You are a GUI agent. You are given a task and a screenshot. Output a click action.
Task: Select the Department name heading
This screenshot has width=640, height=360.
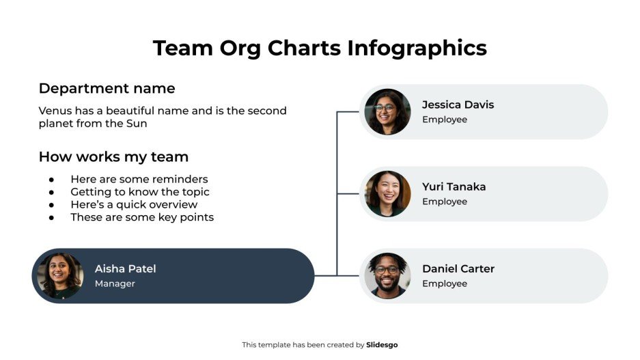[107, 89]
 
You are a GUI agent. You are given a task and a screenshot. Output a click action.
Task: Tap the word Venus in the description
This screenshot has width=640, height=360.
[54, 111]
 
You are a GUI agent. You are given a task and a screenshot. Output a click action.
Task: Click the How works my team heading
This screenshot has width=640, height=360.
[113, 157]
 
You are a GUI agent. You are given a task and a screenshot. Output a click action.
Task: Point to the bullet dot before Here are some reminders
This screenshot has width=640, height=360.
[51, 180]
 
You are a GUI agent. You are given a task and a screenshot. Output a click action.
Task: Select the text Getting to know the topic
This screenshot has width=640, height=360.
[139, 192]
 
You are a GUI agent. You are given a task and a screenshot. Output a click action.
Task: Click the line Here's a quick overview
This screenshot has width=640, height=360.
[134, 205]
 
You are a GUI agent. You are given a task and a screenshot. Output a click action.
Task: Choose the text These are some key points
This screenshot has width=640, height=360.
[142, 217]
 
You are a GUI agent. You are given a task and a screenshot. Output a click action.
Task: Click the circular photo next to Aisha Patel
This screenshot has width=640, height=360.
[59, 276]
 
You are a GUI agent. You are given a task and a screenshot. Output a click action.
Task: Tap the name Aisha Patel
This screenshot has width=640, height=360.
[125, 269]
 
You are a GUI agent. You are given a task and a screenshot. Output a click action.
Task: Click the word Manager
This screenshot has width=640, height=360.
[115, 283]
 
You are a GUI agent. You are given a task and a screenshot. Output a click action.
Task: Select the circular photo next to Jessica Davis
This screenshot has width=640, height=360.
[387, 112]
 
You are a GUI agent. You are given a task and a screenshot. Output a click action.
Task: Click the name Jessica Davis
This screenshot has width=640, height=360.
[458, 105]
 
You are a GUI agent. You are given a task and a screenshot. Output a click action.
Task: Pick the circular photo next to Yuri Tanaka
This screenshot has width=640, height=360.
[387, 194]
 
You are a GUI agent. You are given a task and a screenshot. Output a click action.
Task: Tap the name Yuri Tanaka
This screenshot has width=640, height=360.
[454, 187]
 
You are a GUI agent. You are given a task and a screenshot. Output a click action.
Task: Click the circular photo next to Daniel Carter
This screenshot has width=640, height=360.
[387, 276]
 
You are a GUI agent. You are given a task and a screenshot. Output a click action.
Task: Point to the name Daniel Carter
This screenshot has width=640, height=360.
[458, 269]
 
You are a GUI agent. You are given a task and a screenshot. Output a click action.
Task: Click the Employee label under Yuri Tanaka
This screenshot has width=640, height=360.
[444, 202]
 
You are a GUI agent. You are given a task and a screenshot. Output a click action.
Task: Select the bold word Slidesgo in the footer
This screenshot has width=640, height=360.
[382, 345]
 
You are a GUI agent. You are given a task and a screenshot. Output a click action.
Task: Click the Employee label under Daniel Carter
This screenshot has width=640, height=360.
[444, 283]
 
